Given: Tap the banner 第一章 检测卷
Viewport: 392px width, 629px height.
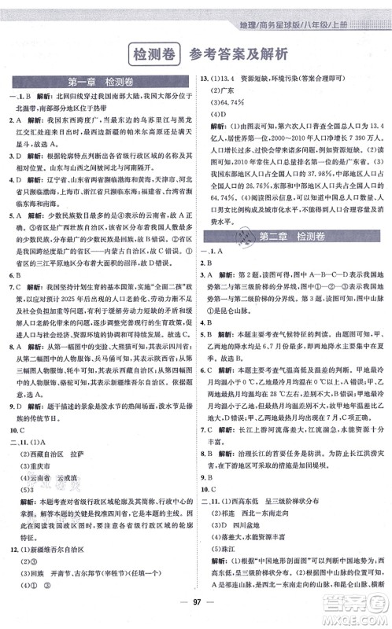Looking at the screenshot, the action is pyautogui.click(x=98, y=82).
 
